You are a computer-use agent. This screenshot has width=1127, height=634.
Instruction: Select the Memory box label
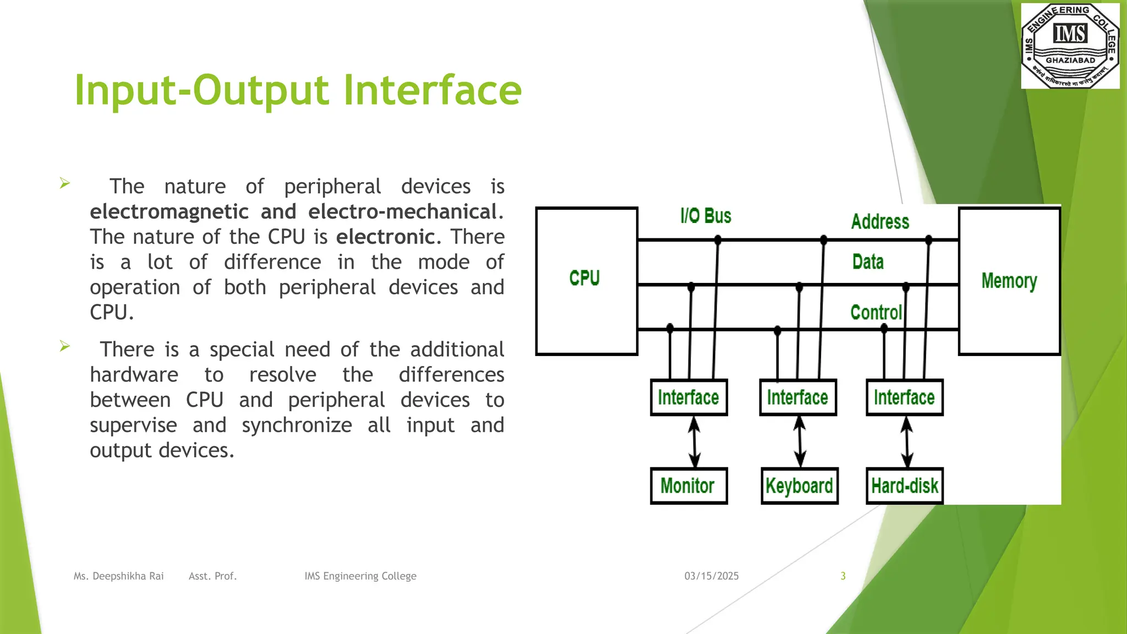click(1009, 281)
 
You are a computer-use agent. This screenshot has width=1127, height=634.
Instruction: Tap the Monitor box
click(688, 486)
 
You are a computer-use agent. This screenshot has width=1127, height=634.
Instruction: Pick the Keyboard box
click(799, 486)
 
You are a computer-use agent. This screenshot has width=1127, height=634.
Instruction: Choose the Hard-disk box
click(904, 486)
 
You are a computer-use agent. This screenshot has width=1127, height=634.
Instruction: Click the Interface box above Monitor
click(688, 397)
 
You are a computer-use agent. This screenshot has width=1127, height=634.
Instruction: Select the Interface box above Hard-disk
click(904, 397)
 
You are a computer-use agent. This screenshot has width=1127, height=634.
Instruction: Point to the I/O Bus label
click(705, 216)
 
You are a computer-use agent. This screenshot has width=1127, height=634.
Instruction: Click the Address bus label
click(880, 222)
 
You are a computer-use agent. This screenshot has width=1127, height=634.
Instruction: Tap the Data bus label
click(868, 262)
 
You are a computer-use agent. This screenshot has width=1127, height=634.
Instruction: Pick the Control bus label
click(876, 313)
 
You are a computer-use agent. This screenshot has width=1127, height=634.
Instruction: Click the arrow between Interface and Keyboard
click(800, 441)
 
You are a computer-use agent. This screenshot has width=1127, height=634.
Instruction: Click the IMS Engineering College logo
click(1070, 46)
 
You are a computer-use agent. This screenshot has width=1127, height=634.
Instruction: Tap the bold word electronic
click(385, 237)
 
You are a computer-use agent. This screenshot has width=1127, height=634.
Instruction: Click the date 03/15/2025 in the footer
click(711, 576)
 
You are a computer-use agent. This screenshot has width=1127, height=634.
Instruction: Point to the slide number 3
click(842, 576)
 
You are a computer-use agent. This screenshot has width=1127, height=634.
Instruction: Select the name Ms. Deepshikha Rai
click(118, 576)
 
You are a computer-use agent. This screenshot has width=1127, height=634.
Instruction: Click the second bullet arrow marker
click(65, 346)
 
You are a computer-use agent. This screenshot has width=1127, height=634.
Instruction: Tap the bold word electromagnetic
click(169, 212)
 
